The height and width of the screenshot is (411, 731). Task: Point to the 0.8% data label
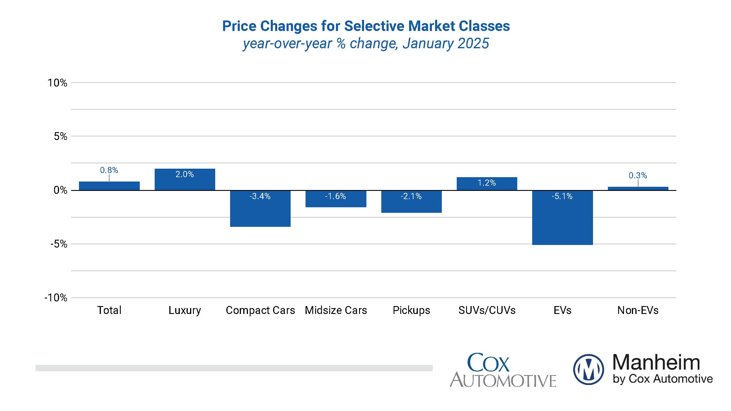(109, 170)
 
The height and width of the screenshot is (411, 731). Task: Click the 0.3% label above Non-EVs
(637, 175)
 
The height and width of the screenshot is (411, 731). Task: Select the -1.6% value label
(335, 196)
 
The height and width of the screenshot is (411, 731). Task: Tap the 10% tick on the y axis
(57, 83)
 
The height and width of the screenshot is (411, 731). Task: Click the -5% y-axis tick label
(59, 244)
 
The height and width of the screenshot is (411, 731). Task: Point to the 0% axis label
(60, 190)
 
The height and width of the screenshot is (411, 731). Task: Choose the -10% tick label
(56, 298)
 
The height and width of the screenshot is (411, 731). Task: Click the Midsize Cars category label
(336, 310)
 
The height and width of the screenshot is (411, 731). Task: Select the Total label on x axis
(109, 310)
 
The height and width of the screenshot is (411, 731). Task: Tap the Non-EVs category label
(638, 310)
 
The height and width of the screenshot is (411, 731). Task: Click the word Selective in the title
(374, 26)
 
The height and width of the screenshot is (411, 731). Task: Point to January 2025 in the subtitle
(446, 44)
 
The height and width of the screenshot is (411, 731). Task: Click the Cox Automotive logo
(503, 370)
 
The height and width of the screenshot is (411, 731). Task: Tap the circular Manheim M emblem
(588, 369)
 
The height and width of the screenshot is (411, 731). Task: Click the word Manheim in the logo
(656, 362)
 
